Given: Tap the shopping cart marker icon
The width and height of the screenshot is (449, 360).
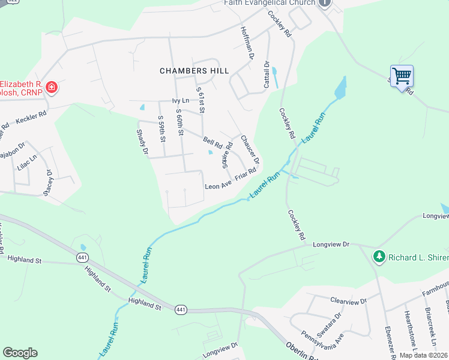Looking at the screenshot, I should tap(402, 76).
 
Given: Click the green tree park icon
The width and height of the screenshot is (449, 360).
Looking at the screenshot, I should tap(379, 257).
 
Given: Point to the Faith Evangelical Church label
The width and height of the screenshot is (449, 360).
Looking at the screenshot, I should tap(270, 3).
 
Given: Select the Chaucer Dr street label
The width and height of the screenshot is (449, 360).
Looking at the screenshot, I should tap(250, 149).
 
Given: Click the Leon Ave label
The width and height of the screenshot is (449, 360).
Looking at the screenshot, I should tap(218, 187).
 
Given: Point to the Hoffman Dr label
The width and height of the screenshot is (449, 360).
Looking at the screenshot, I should tap(247, 43).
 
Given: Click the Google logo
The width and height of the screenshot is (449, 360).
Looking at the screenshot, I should tap(20, 353).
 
